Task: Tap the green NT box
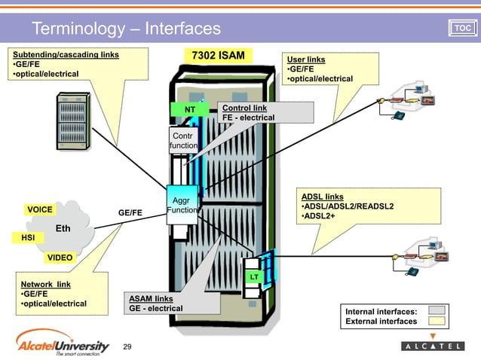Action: pos(191,110)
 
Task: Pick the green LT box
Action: pos(255,278)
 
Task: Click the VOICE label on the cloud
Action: pos(39,209)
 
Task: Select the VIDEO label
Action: pos(60,258)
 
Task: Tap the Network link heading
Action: pos(46,284)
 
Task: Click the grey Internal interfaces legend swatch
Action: pos(437,310)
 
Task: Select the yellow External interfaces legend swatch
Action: pos(437,321)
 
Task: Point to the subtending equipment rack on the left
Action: pos(75,119)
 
